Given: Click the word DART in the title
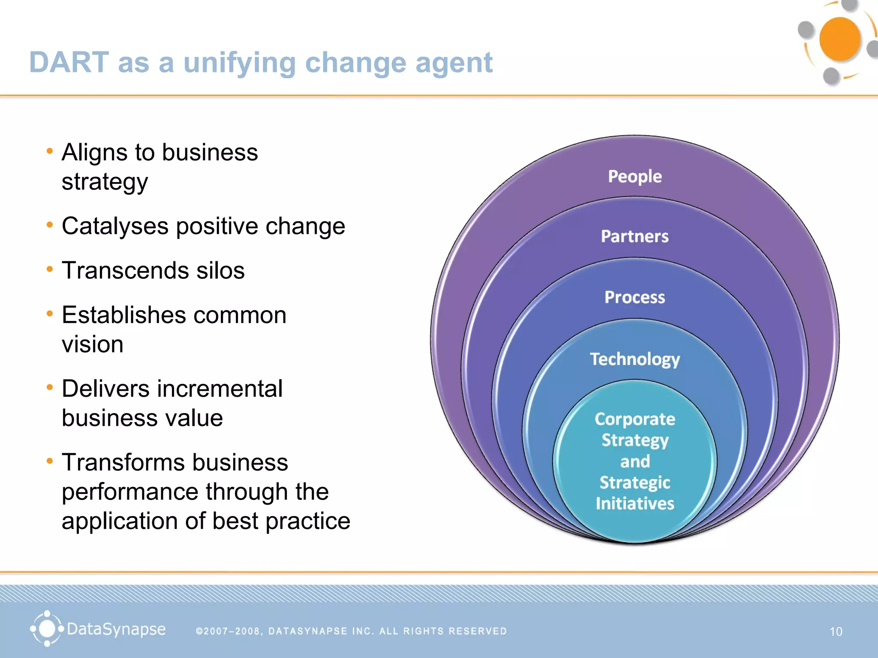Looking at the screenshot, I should coord(69,63).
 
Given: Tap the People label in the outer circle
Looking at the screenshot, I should coord(634,176).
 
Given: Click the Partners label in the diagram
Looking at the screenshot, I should coord(634,236).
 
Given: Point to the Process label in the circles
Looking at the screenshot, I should coord(634,297).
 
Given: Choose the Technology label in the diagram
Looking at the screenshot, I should coord(634,359).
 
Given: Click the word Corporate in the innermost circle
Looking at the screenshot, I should coord(634,419).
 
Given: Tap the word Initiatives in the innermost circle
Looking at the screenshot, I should coord(634,503).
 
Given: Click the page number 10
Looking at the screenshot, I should coord(836,631).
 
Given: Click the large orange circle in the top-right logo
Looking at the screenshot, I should coord(839,39).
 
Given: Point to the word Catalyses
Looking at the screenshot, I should coord(115,226).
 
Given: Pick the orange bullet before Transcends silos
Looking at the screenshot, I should coord(50,269).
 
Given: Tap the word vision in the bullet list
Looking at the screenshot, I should coord(93,344).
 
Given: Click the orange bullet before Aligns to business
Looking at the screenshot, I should coord(50,151).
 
